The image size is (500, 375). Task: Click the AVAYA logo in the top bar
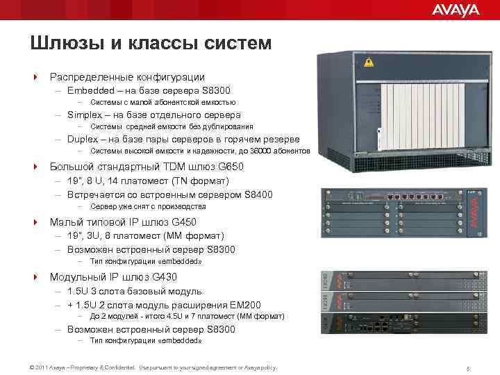(x=456, y=10)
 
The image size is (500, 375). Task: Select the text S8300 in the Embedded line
(x=217, y=90)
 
